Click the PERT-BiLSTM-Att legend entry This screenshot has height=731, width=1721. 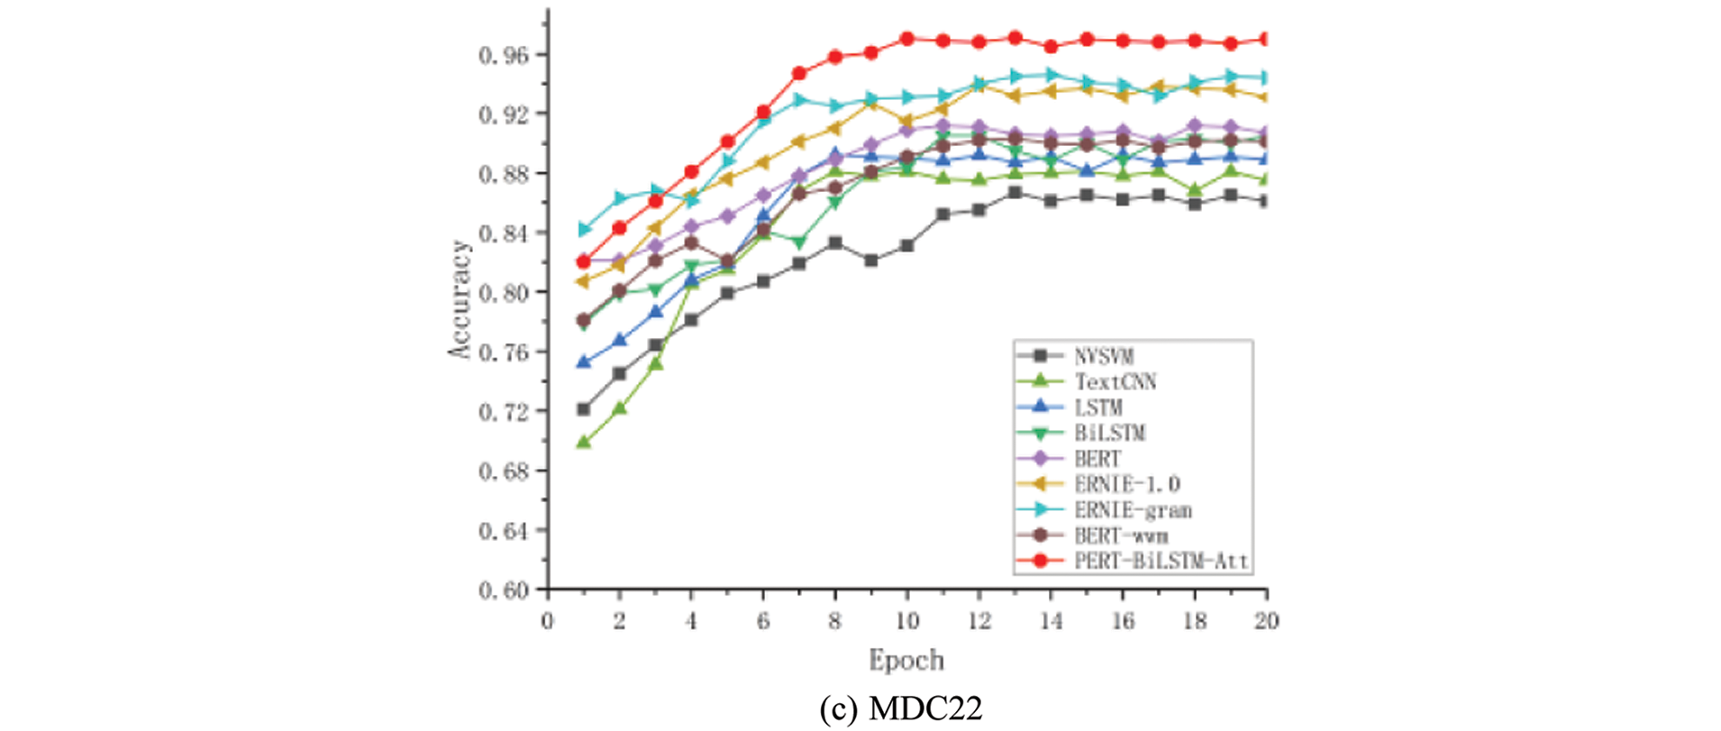pyautogui.click(x=1161, y=561)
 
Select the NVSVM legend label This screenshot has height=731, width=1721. pyautogui.click(x=1103, y=356)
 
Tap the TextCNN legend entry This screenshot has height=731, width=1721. pyautogui.click(x=1115, y=381)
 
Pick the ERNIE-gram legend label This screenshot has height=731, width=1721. pyautogui.click(x=1133, y=510)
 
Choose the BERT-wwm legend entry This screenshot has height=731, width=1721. pyautogui.click(x=1121, y=535)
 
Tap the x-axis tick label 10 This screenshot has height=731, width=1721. pyautogui.click(x=906, y=621)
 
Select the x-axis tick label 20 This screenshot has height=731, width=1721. pyautogui.click(x=1266, y=621)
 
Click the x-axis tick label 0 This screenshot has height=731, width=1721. pyautogui.click(x=547, y=621)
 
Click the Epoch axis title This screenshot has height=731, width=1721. pyautogui.click(x=906, y=661)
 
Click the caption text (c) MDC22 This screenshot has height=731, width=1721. pyautogui.click(x=901, y=709)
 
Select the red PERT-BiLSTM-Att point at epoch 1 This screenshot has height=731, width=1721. pyautogui.click(x=583, y=261)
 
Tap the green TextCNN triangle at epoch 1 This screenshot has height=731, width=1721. pyautogui.click(x=583, y=442)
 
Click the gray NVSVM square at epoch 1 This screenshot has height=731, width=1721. pyautogui.click(x=583, y=409)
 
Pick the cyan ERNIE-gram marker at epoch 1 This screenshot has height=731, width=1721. pyautogui.click(x=583, y=230)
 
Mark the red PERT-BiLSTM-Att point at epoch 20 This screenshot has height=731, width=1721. pyautogui.click(x=1265, y=39)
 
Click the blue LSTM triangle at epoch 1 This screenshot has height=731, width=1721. pyautogui.click(x=583, y=361)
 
